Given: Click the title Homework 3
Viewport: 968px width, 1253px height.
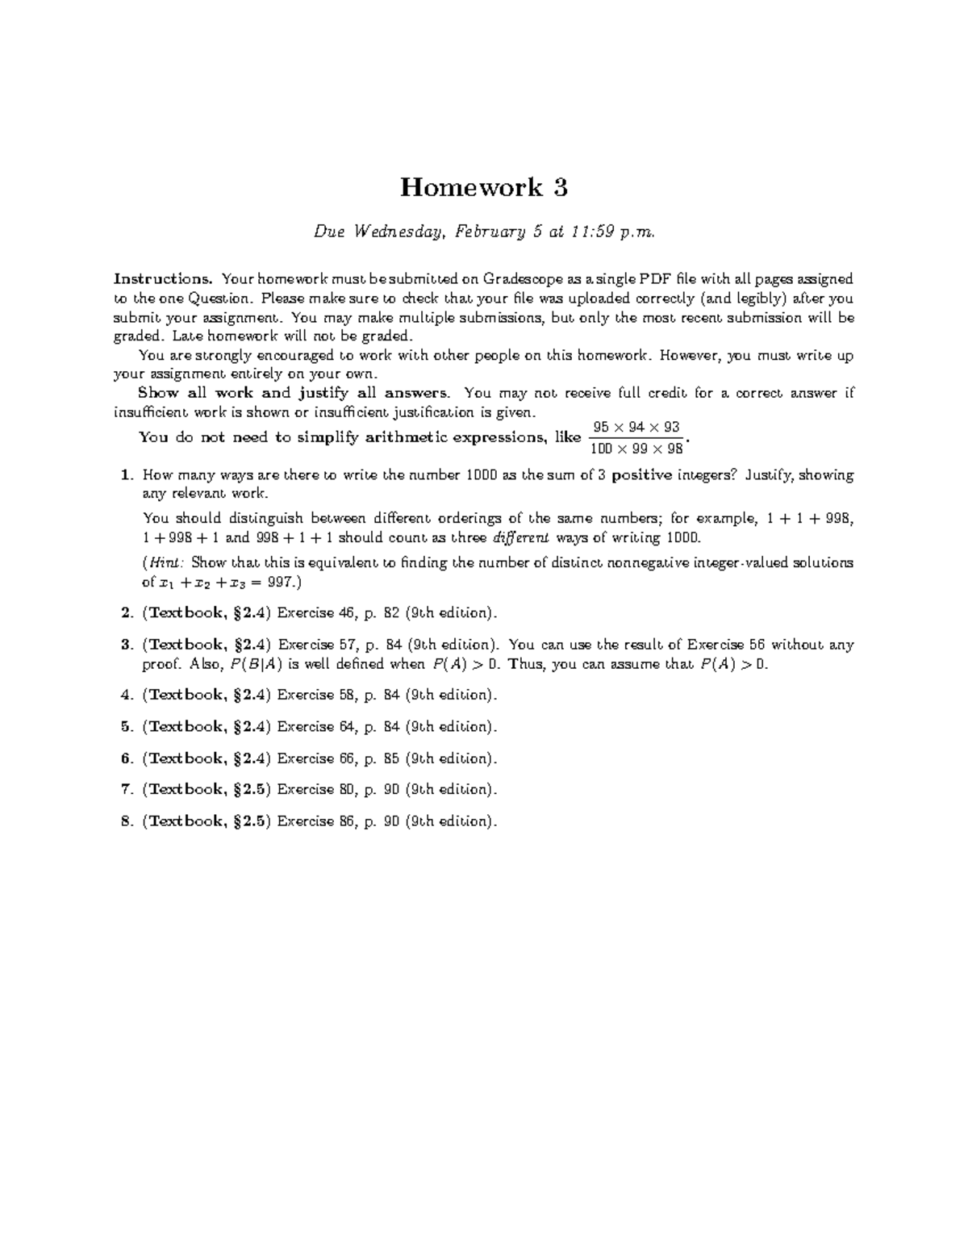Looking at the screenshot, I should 484,187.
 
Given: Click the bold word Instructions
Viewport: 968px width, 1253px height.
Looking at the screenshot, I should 163,279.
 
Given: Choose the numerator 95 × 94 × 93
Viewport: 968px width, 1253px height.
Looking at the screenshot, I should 636,427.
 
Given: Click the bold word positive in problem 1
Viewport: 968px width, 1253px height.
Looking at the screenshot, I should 642,475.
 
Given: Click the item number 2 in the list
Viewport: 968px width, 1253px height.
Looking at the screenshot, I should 126,613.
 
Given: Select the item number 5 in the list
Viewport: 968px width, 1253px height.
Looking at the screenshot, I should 126,727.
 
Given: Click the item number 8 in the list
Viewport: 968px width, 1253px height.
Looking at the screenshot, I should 126,821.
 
